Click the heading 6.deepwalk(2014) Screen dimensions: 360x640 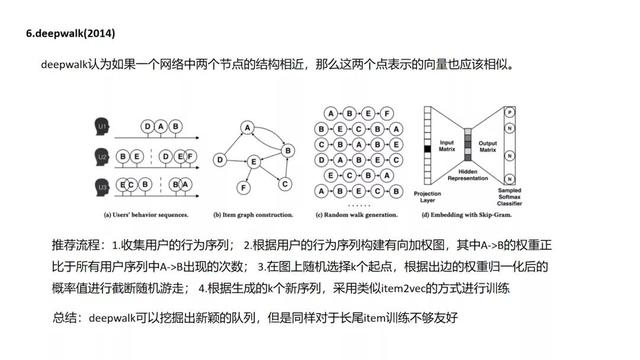pos(70,33)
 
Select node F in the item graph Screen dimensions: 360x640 pos(240,187)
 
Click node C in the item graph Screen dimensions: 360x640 pos(283,183)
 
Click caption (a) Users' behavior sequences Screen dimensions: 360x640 pos(145,215)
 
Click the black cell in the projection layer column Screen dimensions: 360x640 pos(428,150)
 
